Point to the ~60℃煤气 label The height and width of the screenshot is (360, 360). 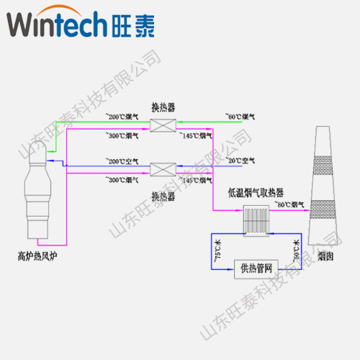[240, 115]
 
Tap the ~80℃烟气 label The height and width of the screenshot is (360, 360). [291, 205]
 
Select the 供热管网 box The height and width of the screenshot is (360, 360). [257, 269]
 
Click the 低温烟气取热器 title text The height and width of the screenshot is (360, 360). [256, 193]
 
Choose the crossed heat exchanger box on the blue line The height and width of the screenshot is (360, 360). [161, 171]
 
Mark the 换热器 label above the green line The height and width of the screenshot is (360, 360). [162, 107]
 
